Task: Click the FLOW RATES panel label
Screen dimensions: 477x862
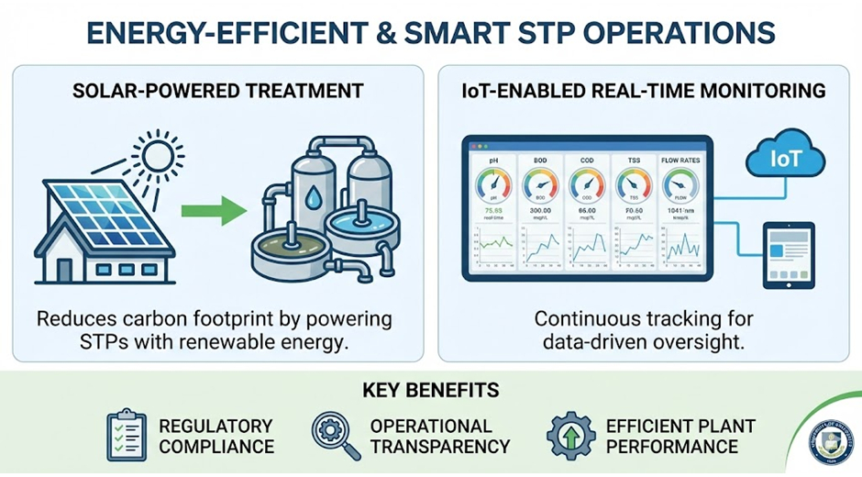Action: (x=680, y=160)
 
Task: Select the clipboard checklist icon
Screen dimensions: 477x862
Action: (x=126, y=436)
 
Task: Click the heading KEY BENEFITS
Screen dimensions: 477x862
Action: (x=430, y=390)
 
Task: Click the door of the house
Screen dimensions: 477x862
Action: (x=63, y=270)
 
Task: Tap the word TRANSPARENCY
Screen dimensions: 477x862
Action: (x=439, y=447)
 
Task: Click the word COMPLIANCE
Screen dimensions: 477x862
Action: (x=216, y=447)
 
